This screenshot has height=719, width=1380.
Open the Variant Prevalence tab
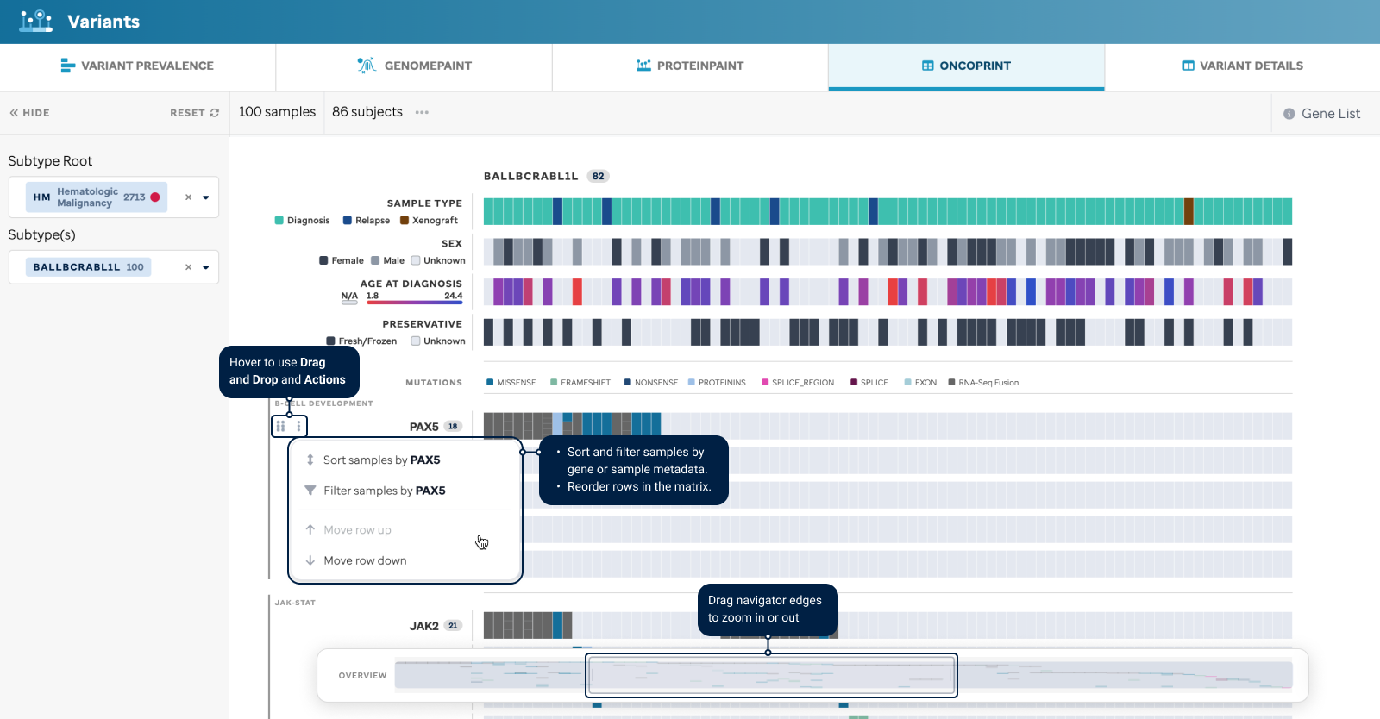[x=137, y=66]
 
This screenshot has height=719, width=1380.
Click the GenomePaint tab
[x=415, y=66]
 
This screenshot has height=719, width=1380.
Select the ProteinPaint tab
[x=690, y=66]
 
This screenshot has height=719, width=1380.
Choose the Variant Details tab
[x=1243, y=66]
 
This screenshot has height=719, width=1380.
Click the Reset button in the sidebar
[x=195, y=113]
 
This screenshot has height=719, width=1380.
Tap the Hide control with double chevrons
[x=29, y=113]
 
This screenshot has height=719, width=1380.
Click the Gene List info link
[x=1321, y=113]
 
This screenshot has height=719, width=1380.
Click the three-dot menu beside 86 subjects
[x=422, y=112]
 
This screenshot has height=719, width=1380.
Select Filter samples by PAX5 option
[x=375, y=491]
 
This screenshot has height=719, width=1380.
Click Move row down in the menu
[x=356, y=560]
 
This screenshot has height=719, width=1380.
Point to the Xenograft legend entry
[x=429, y=221]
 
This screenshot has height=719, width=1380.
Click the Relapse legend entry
[x=367, y=221]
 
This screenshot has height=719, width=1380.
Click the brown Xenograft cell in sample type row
[x=1189, y=211]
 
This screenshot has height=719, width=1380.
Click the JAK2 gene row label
[x=423, y=626]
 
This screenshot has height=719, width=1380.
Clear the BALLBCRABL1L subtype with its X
[x=189, y=267]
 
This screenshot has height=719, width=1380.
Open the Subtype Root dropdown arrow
[x=206, y=197]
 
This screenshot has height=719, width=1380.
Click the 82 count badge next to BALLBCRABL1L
[x=599, y=176]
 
